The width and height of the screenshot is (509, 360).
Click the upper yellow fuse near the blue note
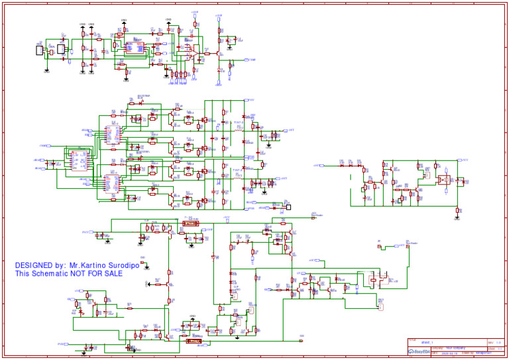pos(191,224)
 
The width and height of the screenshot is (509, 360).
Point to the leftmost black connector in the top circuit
pos(40,50)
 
